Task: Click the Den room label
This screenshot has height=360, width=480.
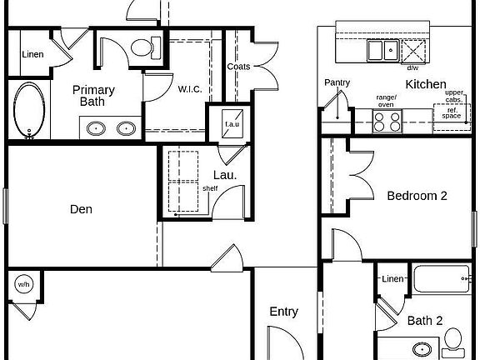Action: [x=81, y=209]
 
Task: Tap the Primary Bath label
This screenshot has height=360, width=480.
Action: [x=93, y=96]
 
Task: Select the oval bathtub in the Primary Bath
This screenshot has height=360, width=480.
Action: [x=29, y=110]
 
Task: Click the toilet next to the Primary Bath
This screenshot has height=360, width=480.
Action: [x=146, y=47]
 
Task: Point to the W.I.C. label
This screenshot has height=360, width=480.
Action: [x=190, y=89]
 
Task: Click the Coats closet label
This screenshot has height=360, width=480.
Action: [x=238, y=67]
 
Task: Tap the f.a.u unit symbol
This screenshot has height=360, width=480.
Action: [x=232, y=123]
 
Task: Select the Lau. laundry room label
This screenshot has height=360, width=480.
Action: [x=225, y=175]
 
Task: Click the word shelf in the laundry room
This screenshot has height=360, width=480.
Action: [x=210, y=188]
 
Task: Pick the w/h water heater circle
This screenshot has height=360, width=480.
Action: [x=24, y=284]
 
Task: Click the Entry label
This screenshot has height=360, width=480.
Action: [x=284, y=312]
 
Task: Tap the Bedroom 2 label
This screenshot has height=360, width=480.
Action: [x=417, y=196]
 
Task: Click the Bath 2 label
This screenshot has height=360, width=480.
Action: [x=425, y=321]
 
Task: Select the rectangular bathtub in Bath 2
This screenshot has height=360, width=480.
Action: [x=442, y=278]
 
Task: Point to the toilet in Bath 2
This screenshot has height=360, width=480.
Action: [x=454, y=339]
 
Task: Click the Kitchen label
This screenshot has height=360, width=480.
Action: [x=426, y=84]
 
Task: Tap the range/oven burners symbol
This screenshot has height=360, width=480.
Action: [x=387, y=122]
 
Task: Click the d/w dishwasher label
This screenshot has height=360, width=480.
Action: [x=412, y=68]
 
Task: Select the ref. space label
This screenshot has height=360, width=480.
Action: [x=452, y=113]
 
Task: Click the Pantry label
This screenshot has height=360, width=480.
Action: [x=337, y=82]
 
